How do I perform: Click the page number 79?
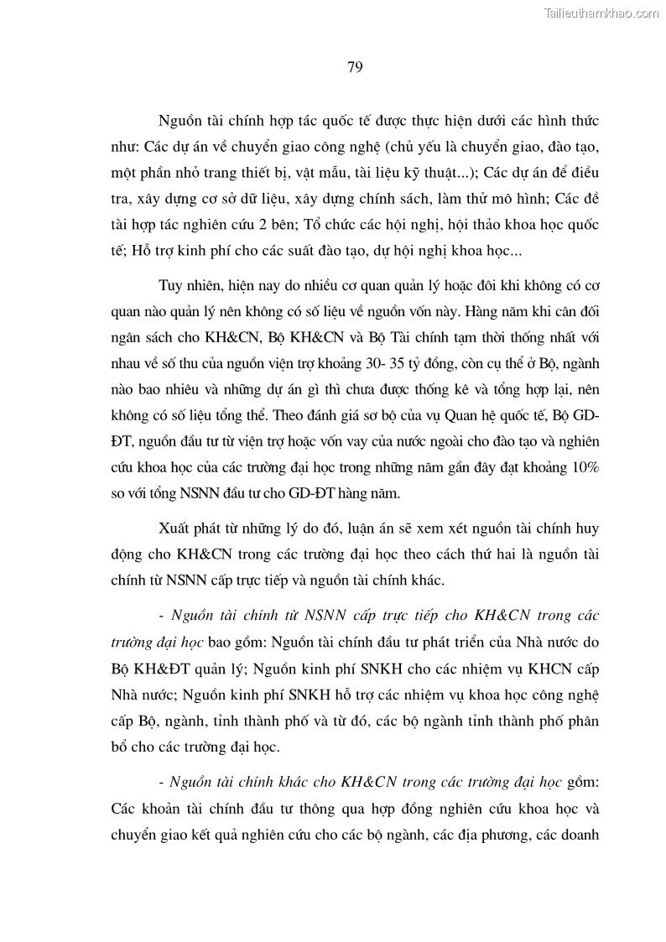coord(354,68)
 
